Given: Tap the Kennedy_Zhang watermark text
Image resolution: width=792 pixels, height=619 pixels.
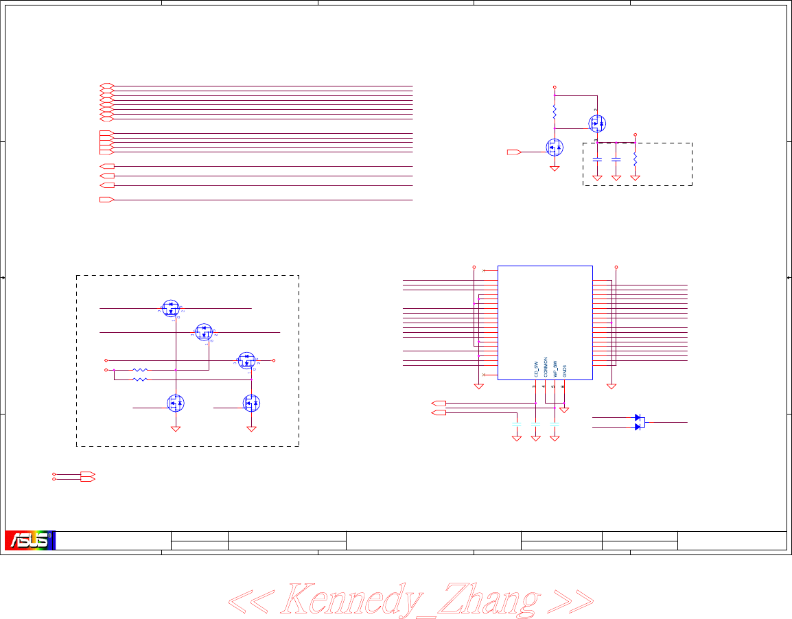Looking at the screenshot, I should click(x=410, y=599).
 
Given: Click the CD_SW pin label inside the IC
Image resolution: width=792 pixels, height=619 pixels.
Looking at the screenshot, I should click(x=536, y=368).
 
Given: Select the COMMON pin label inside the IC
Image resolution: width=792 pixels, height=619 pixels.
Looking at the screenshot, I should click(x=546, y=366).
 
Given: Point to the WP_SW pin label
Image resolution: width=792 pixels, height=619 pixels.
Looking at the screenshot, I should click(x=555, y=368).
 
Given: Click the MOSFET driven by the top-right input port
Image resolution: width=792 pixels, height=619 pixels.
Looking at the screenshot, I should click(x=555, y=147).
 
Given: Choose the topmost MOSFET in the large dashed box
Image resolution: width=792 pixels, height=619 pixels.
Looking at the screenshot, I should click(x=171, y=309).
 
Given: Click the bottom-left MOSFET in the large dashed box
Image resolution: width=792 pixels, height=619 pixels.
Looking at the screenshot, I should click(x=176, y=404).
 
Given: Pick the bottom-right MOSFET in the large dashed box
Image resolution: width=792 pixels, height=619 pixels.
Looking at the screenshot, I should click(x=251, y=404).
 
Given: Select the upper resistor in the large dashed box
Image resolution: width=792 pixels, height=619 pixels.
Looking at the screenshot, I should click(x=139, y=370).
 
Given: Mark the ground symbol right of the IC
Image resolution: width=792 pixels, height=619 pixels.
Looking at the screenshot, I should click(x=612, y=387).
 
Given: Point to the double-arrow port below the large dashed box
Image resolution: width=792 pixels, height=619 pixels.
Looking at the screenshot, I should click(x=87, y=476).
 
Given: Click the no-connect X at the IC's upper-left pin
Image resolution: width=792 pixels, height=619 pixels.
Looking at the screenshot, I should click(x=485, y=271).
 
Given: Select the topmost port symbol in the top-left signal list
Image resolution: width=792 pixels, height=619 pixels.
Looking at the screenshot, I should click(x=106, y=86).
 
